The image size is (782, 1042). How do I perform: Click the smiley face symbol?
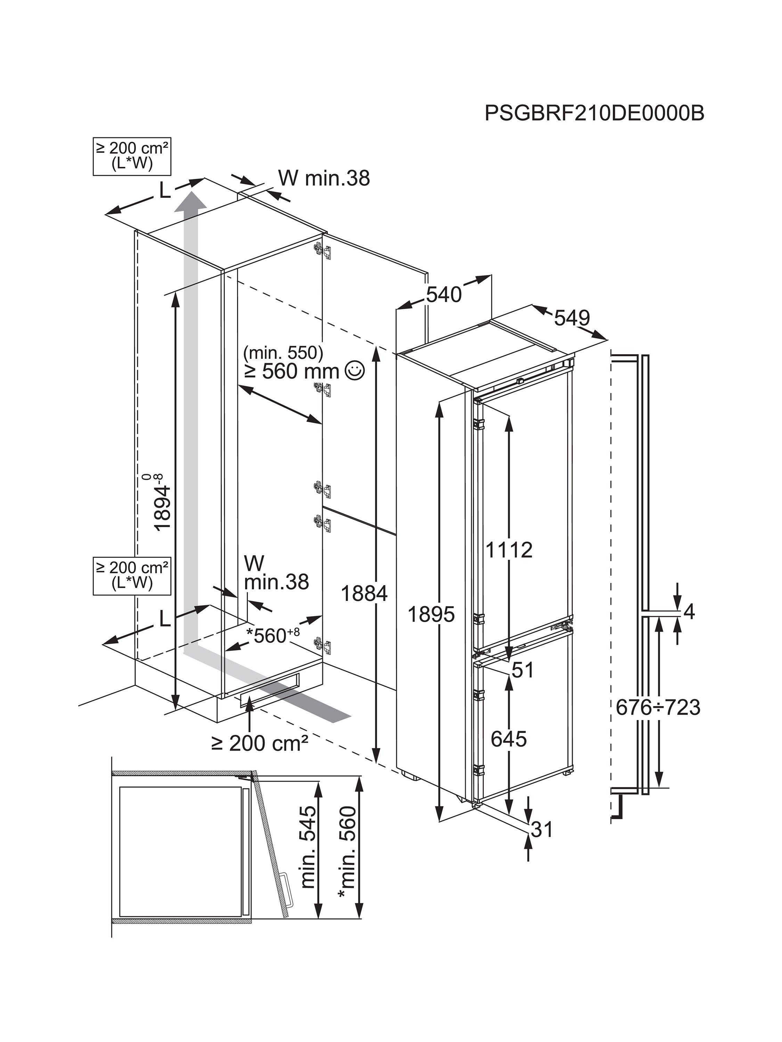click(x=355, y=370)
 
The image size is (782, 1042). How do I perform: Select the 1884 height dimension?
click(x=364, y=593)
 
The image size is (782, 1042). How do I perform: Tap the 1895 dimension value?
click(x=431, y=614)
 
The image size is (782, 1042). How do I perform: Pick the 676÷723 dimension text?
click(x=658, y=720)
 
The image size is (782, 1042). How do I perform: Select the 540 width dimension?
click(x=443, y=295)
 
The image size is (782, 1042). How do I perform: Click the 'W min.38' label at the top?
click(x=324, y=178)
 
